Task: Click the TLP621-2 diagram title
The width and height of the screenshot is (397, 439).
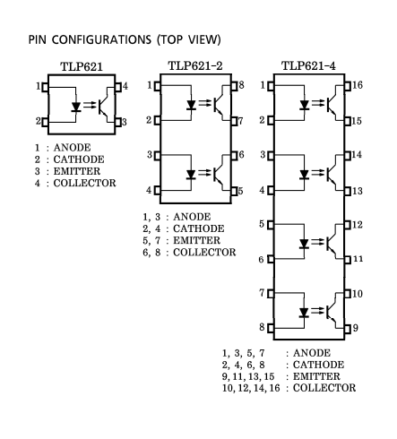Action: point(195,66)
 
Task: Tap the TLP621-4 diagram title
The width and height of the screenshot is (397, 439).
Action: point(308,66)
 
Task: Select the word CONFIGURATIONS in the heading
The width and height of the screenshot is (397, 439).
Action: point(101,39)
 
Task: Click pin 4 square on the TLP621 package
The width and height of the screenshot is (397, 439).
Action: point(118,87)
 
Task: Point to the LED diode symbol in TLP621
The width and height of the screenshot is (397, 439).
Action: point(76,107)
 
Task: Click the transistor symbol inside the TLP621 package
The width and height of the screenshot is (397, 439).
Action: point(104,105)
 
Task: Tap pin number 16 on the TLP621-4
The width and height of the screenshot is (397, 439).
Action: point(358,85)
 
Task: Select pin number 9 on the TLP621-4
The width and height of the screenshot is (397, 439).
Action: point(355,328)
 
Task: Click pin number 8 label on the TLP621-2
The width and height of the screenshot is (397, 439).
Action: point(241,85)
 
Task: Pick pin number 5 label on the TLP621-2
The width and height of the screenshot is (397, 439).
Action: point(240,191)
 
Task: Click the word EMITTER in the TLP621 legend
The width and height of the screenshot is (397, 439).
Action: point(77,171)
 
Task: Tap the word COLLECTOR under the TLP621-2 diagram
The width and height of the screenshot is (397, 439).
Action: point(204,253)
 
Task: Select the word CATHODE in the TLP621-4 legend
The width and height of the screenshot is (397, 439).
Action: point(318,365)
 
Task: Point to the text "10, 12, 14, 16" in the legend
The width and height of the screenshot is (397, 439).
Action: point(251,388)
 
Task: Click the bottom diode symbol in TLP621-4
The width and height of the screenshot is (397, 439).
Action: point(304,313)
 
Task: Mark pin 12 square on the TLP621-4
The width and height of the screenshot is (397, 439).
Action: point(348,225)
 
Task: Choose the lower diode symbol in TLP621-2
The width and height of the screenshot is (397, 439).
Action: point(191,175)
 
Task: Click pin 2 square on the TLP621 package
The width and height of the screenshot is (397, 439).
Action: point(45,122)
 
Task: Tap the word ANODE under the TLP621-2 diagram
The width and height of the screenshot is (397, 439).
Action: point(192,217)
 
